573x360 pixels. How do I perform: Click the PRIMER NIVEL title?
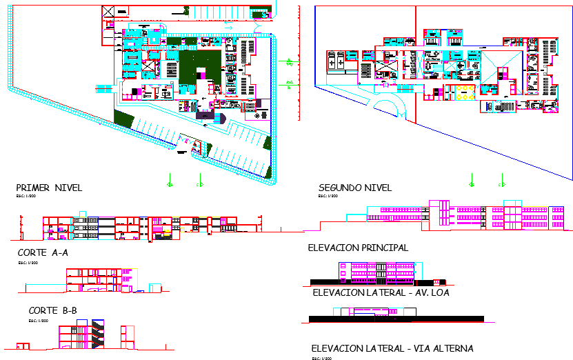coord(49,188)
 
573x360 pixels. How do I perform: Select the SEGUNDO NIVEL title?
coord(355,188)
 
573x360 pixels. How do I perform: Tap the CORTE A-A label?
coord(43,253)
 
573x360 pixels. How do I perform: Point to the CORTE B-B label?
coord(52,311)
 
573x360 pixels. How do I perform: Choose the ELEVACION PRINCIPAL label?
coord(358,248)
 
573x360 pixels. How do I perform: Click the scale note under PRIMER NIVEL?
coord(25,197)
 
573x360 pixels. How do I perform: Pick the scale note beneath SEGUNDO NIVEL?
coord(328,197)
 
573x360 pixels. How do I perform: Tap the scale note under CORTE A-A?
coord(28,263)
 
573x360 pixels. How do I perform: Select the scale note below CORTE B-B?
coord(38,321)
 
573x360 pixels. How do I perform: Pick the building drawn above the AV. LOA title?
coord(376,272)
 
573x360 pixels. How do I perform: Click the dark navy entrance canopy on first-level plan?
coord(205,116)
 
